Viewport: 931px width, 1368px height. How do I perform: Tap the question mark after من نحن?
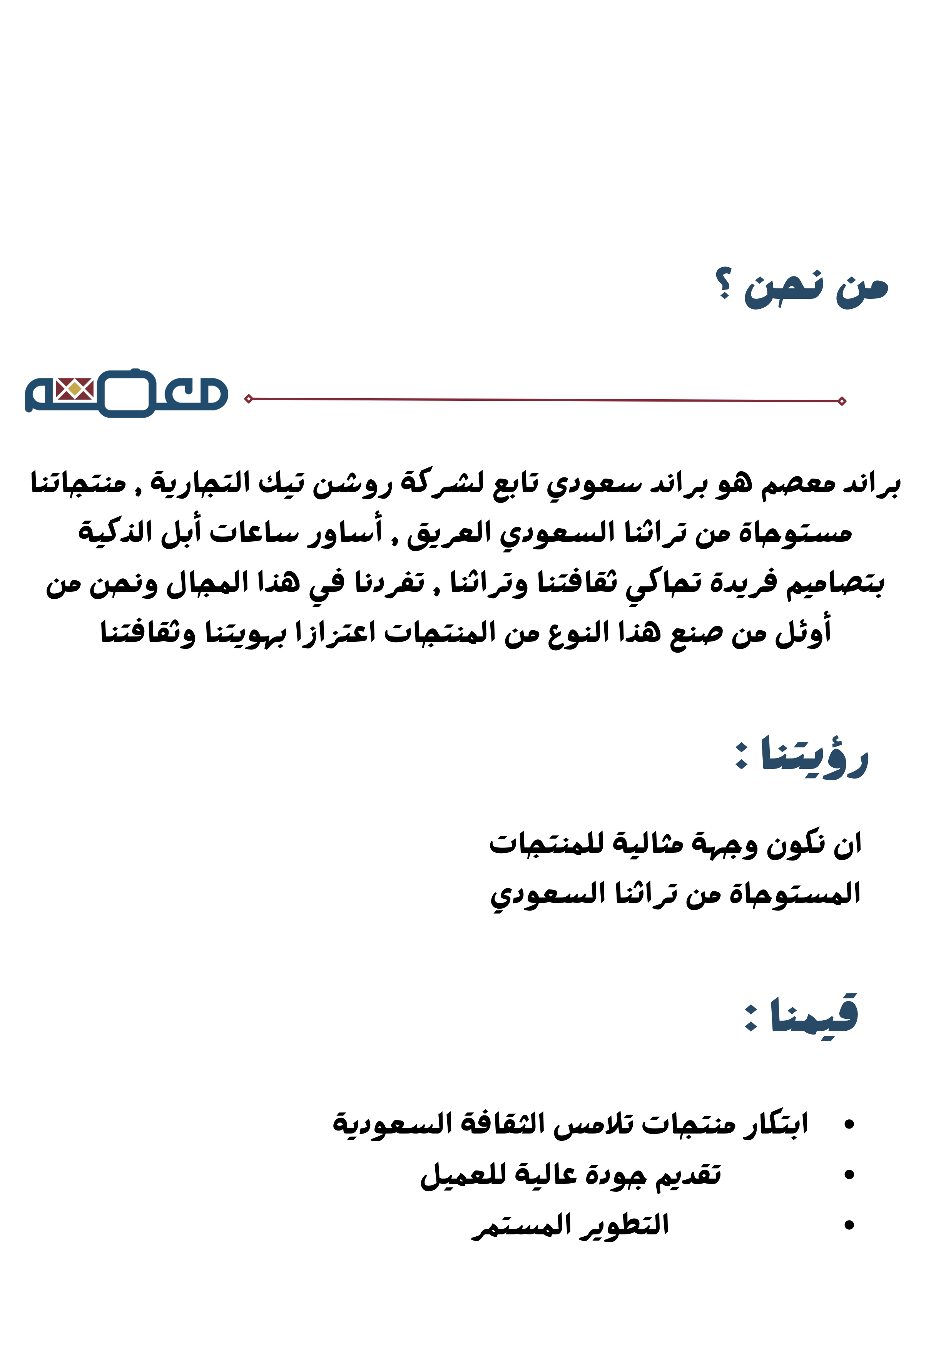724,283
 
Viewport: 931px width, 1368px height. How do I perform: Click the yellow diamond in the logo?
75,388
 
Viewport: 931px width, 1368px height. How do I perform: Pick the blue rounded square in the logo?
127,393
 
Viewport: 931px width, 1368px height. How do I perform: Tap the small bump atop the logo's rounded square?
135,370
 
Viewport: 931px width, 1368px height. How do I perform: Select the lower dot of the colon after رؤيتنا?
742,765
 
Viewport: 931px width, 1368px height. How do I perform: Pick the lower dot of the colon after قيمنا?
751,1026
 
